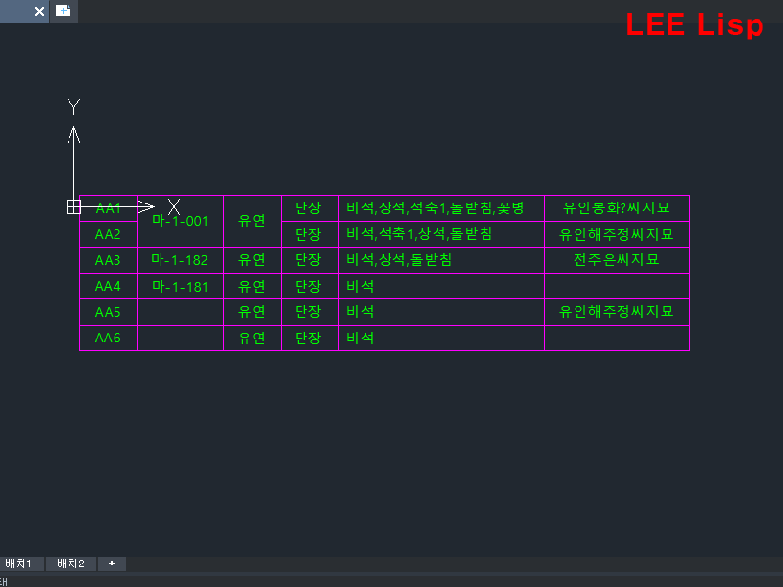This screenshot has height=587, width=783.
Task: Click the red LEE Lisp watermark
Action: [x=694, y=25]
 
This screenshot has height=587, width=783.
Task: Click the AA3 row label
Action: [x=108, y=260]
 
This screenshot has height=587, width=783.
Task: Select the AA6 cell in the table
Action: [x=108, y=338]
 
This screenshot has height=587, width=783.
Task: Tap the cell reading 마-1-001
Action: [x=180, y=221]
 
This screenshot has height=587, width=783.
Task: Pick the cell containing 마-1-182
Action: [x=180, y=260]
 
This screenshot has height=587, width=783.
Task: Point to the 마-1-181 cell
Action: [x=180, y=287]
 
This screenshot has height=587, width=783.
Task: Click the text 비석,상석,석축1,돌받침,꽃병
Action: [x=436, y=208]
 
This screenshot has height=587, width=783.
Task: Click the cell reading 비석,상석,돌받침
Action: [x=399, y=260]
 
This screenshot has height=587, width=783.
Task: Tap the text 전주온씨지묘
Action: [x=617, y=260]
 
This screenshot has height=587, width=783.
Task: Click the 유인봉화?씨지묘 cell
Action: [x=617, y=208]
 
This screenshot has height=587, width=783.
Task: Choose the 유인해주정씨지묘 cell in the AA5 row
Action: [x=617, y=312]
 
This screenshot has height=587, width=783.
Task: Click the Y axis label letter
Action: [x=73, y=108]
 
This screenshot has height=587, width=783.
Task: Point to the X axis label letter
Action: [x=174, y=206]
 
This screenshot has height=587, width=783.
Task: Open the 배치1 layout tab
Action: [x=20, y=564]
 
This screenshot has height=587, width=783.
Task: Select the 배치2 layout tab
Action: [x=70, y=564]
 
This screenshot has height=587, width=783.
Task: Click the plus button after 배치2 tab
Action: [x=112, y=564]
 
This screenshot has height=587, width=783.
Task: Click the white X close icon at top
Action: [x=39, y=11]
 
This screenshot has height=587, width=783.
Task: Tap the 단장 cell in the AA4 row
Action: [x=308, y=287]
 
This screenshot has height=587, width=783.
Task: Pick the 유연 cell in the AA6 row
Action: [x=253, y=338]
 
